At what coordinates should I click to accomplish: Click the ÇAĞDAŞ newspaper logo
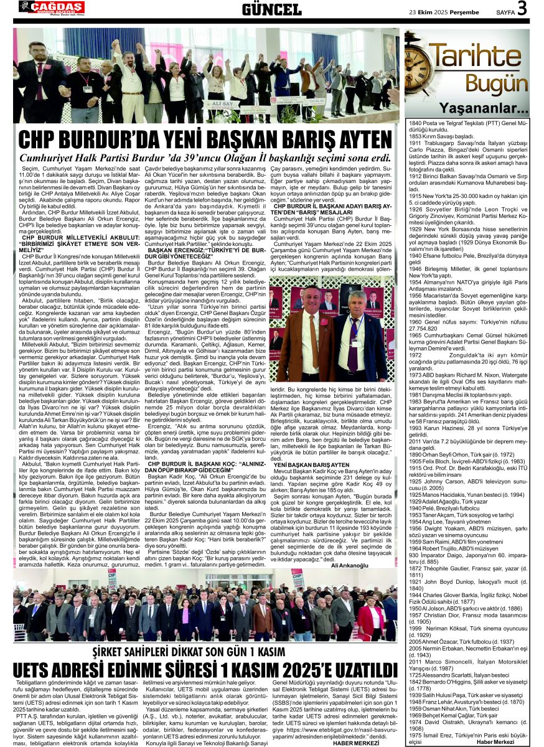click(52, 7)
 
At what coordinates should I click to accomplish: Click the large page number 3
click(522, 8)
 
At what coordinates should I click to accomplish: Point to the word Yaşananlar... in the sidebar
click(492, 109)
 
